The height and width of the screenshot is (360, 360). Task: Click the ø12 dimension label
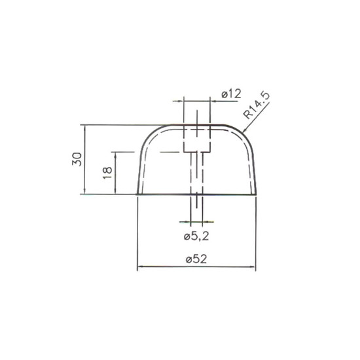click(x=232, y=94)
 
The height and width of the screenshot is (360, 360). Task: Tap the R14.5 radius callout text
click(x=257, y=106)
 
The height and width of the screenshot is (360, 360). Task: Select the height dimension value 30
click(x=77, y=159)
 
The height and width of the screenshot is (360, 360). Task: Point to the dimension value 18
click(x=107, y=173)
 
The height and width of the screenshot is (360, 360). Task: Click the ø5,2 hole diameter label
click(x=196, y=236)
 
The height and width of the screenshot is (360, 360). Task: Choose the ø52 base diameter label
click(x=196, y=259)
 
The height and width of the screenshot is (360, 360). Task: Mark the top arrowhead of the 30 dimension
click(x=85, y=128)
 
